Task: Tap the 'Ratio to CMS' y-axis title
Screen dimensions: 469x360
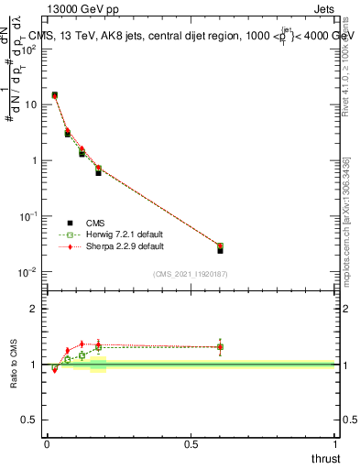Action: [14, 364]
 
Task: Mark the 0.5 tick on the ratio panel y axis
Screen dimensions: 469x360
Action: [29, 420]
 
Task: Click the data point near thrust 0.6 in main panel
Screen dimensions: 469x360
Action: [220, 247]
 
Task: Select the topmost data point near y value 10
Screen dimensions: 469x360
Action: [55, 95]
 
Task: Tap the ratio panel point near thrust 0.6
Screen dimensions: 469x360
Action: [220, 346]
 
